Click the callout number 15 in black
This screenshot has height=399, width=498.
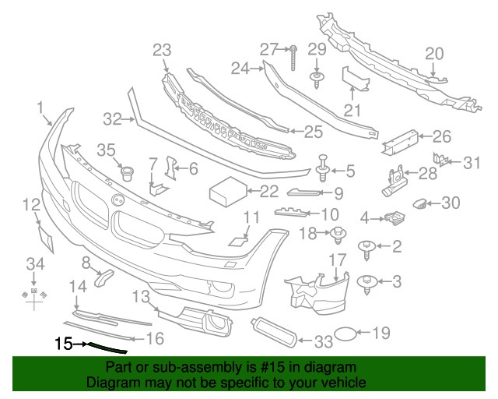coord(62,342)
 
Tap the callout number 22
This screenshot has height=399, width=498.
coord(268,189)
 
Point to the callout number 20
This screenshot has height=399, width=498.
coord(433,53)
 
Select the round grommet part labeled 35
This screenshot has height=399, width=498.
coord(123,170)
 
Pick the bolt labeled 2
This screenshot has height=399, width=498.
coord(366,248)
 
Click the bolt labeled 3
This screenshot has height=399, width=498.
coord(366,281)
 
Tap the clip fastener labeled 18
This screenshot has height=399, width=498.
coord(338,232)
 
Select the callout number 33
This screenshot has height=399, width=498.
coord(322,341)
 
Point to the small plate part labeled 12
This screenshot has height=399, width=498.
coord(45,236)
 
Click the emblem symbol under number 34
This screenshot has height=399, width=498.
coord(33,294)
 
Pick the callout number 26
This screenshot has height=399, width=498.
coord(441,137)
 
